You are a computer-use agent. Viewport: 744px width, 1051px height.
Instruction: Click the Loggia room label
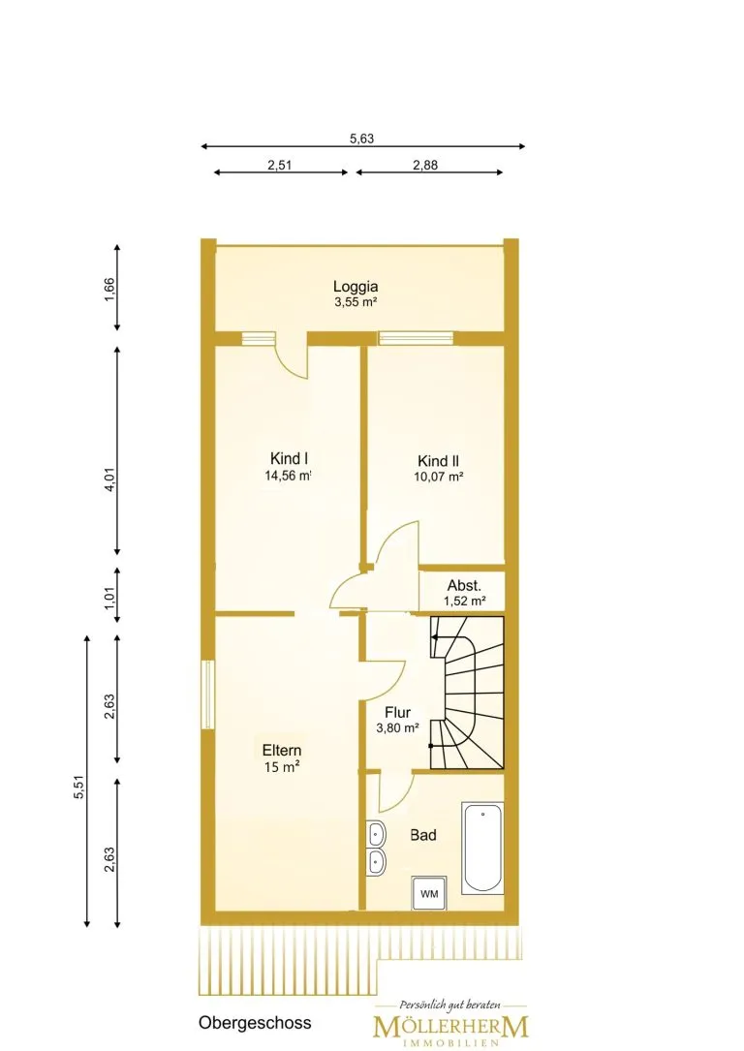click(x=356, y=287)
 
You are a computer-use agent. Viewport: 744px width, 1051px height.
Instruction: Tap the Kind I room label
click(x=289, y=458)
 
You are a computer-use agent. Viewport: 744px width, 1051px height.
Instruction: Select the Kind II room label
click(x=438, y=461)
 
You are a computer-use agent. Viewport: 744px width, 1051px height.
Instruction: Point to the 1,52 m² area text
click(x=464, y=602)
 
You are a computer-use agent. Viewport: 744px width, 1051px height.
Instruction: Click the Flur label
click(x=397, y=713)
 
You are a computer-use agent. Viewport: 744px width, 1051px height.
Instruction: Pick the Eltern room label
click(x=282, y=750)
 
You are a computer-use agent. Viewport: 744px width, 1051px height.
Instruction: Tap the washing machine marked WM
click(x=429, y=893)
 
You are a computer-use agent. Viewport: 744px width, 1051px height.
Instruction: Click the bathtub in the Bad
click(x=482, y=848)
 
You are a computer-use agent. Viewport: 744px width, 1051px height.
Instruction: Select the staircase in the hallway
click(x=467, y=693)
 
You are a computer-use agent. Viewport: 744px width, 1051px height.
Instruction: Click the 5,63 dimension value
click(x=362, y=139)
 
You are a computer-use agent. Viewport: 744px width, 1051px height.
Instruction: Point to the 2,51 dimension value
click(x=280, y=165)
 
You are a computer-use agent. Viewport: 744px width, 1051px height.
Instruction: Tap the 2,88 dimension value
click(x=425, y=165)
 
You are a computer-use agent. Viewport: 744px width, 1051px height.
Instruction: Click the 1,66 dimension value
click(x=109, y=291)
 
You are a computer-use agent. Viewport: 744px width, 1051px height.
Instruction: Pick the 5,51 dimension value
click(x=79, y=787)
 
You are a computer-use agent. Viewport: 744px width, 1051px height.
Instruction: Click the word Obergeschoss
click(x=255, y=1024)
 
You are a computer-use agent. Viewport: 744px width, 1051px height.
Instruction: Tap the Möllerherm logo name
click(x=450, y=1026)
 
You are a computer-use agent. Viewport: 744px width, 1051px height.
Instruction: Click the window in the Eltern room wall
click(x=207, y=696)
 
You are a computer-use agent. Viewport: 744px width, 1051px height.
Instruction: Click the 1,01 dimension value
click(x=109, y=595)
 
